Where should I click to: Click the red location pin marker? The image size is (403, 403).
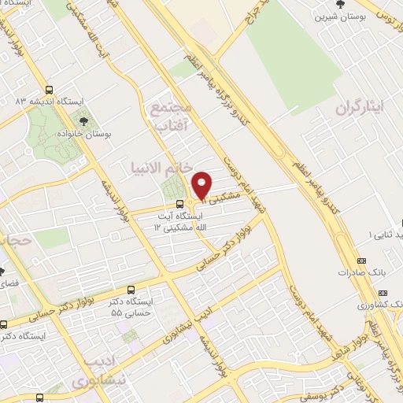tap(202, 184)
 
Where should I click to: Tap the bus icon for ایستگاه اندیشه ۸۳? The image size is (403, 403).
tap(50, 90)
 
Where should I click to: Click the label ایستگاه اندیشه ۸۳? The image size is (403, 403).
tap(31, 102)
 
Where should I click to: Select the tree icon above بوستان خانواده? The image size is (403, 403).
tap(84, 121)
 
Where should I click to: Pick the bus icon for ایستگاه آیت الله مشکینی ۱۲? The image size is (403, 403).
tap(160, 205)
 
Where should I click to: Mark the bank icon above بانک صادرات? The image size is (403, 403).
tap(361, 261)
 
